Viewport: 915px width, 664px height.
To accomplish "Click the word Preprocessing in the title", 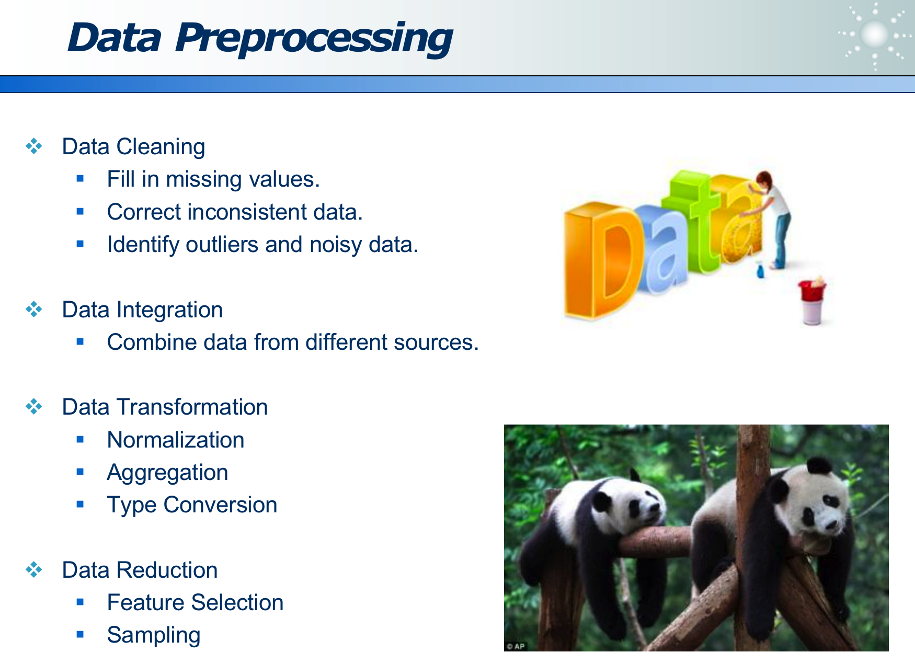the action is click(x=314, y=39).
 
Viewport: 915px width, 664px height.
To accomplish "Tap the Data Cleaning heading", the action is click(x=133, y=146).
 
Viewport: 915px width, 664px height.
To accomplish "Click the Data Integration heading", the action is click(x=142, y=310).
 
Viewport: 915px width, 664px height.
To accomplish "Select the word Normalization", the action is click(x=176, y=440).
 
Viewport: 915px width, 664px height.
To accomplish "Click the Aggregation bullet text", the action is click(x=167, y=473).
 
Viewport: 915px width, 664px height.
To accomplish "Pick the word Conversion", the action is click(x=220, y=505).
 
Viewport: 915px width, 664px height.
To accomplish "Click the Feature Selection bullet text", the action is click(x=195, y=602).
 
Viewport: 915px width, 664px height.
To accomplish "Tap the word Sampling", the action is click(x=153, y=635).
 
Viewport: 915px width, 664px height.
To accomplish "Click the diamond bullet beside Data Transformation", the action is click(x=34, y=406).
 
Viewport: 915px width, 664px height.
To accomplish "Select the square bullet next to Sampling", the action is click(x=80, y=635).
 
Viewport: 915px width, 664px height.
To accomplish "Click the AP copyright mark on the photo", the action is click(x=516, y=646).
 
